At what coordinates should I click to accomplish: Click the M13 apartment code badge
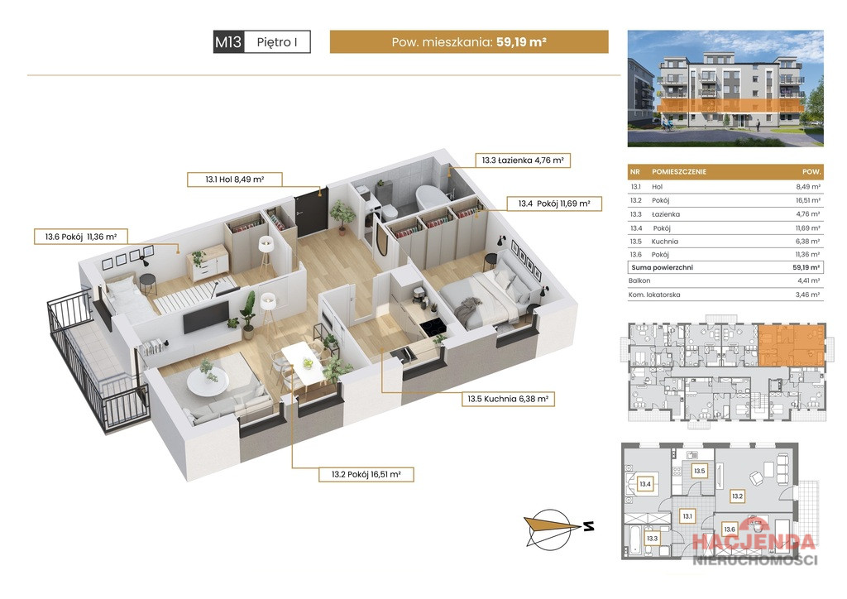[x=228, y=41]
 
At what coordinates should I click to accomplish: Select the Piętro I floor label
[x=277, y=42]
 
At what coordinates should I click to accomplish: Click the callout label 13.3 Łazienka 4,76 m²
[x=523, y=161]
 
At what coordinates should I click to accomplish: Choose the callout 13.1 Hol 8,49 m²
[x=234, y=180]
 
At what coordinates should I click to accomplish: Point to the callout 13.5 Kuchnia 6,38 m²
[x=508, y=399]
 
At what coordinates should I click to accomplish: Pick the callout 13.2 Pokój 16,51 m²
[x=366, y=475]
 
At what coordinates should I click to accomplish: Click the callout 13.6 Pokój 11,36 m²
[x=81, y=237]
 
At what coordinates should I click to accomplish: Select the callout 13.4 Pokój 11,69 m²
[x=553, y=204]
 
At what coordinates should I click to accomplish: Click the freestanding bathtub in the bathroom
[x=432, y=200]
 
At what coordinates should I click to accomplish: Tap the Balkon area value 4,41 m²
[x=809, y=280]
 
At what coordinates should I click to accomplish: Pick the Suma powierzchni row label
[x=662, y=267]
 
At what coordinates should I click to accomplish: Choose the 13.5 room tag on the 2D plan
[x=699, y=471]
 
